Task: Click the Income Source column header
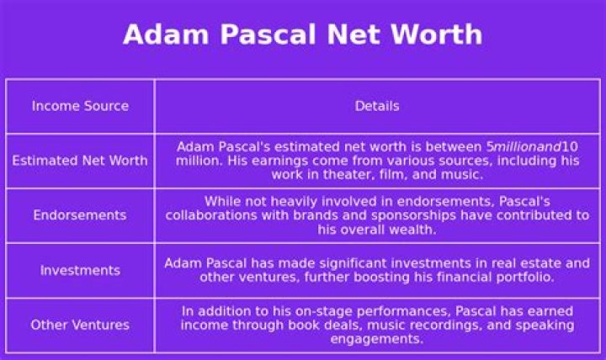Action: [x=80, y=106]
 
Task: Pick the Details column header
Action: [x=377, y=106]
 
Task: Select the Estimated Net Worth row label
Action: [x=80, y=161]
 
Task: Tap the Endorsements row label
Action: [x=80, y=215]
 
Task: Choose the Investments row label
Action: [x=80, y=270]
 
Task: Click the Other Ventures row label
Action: [x=80, y=325]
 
